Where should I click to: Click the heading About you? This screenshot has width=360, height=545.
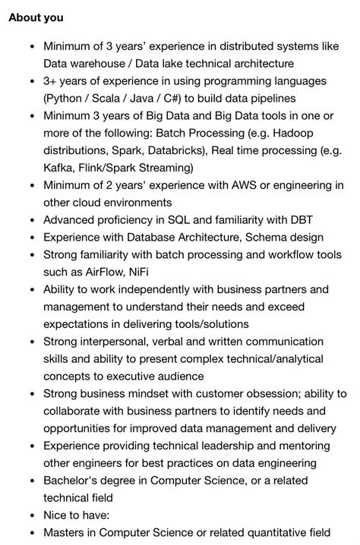(x=36, y=17)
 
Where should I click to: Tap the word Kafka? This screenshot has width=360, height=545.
(x=60, y=168)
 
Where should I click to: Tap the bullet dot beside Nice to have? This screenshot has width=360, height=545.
(x=31, y=515)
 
